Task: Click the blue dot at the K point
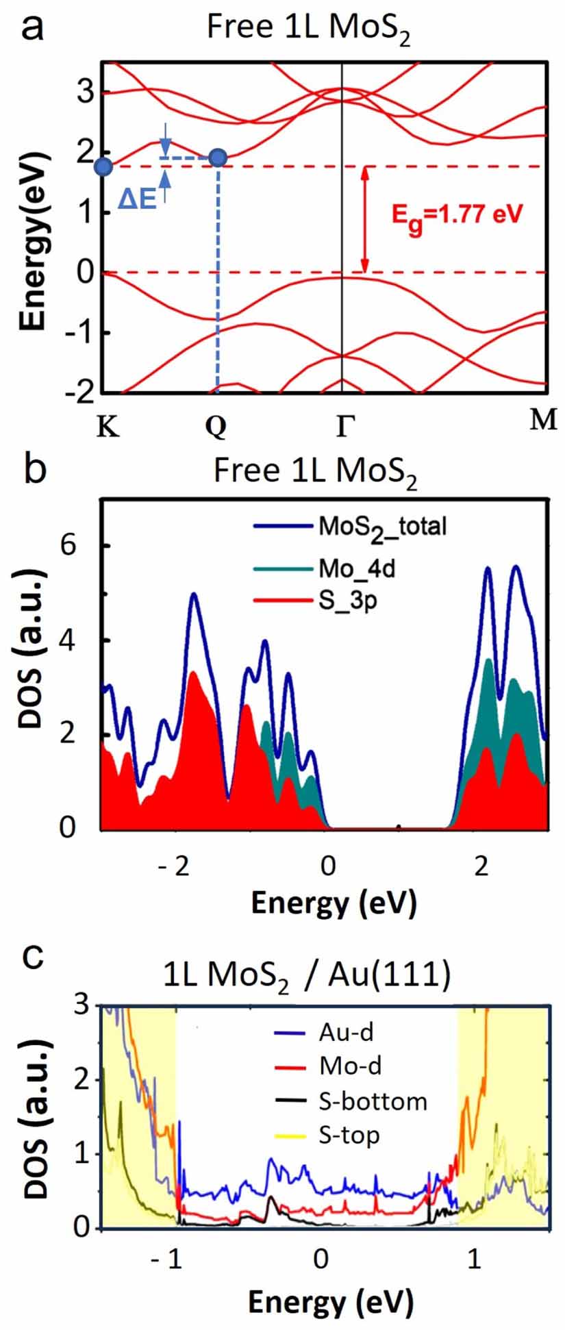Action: pos(103,166)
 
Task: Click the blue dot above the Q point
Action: pos(218,158)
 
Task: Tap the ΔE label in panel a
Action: pos(138,199)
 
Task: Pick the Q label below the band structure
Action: pos(216,427)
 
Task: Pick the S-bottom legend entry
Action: pos(373,1101)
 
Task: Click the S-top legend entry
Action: pos(349,1135)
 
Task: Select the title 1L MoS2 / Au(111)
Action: pos(307,976)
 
